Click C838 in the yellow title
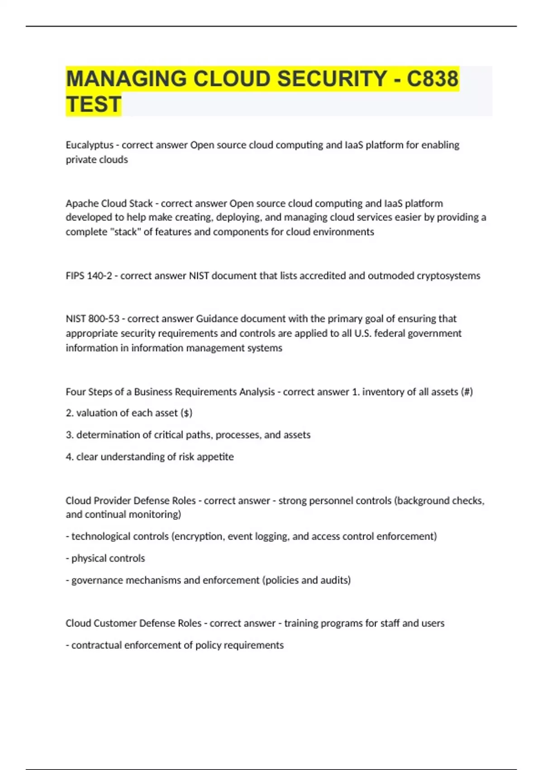click(433, 79)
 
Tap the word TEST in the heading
click(94, 105)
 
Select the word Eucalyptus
click(90, 145)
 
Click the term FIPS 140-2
click(89, 276)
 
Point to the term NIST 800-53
click(92, 319)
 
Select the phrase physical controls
click(108, 558)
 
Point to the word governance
click(97, 580)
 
